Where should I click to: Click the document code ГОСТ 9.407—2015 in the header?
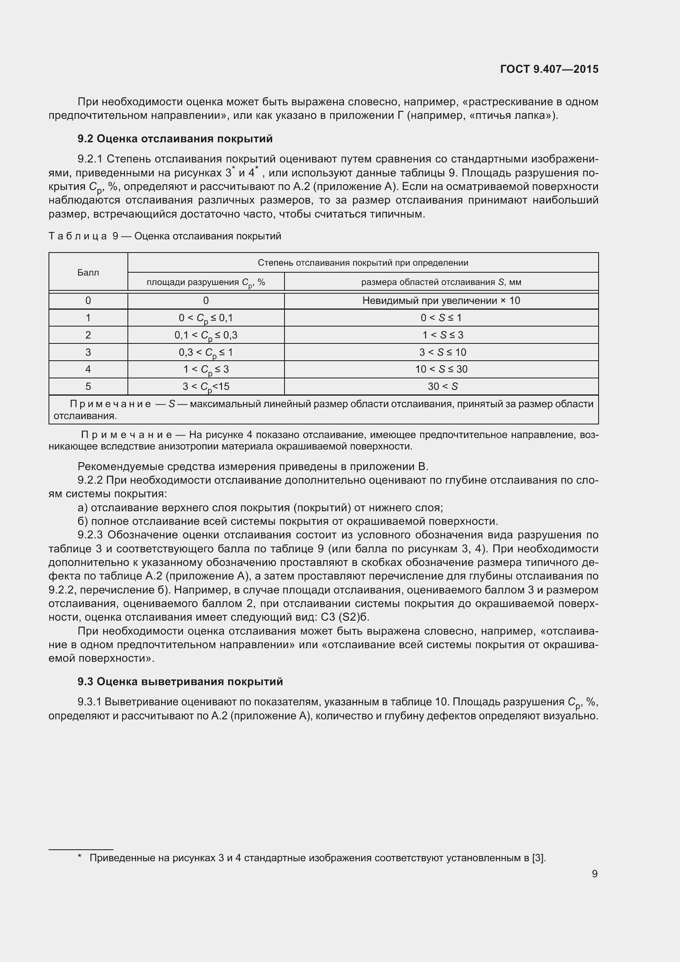point(549,69)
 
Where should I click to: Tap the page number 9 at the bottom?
point(594,874)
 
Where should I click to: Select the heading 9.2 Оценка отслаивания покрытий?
point(175,139)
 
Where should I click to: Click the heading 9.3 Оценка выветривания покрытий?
point(180,682)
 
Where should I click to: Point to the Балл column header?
point(88,273)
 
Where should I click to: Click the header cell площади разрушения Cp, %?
point(206,283)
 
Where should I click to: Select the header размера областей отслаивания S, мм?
point(441,282)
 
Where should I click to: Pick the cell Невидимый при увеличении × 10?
point(441,300)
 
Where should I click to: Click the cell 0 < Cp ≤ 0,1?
point(206,318)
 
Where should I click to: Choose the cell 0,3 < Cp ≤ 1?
point(206,353)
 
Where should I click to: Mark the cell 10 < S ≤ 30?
point(441,369)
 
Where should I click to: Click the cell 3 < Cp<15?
point(206,387)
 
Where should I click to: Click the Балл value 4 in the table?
point(88,369)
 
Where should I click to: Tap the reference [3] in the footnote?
point(539,858)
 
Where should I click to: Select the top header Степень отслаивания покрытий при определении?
point(363,263)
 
